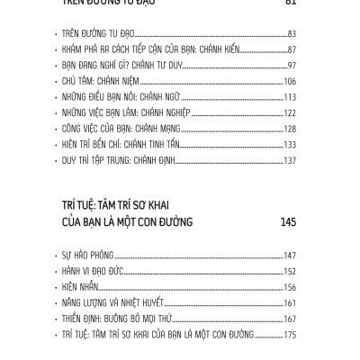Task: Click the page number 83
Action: point(291,34)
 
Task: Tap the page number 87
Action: point(291,50)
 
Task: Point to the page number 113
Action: point(289,99)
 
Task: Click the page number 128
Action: point(289,130)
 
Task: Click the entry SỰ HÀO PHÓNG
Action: point(86,256)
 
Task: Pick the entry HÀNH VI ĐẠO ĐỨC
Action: point(93,271)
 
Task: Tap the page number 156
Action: point(289,287)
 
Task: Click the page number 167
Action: point(289,319)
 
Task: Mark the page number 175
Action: point(289,335)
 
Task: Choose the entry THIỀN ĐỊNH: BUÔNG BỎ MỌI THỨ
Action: point(112,319)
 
